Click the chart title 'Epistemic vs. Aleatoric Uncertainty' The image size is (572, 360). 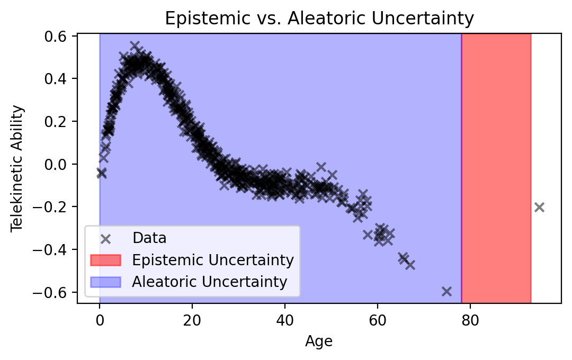tap(319, 19)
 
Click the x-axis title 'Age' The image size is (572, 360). tap(319, 342)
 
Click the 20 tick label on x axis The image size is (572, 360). tap(192, 319)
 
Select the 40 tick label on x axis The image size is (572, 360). tap(285, 319)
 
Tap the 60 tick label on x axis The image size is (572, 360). tap(378, 319)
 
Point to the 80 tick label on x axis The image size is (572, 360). tap(470, 319)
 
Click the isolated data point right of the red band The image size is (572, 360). tap(539, 207)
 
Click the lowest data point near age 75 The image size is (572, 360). tap(446, 291)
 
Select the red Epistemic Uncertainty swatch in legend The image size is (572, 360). tap(105, 260)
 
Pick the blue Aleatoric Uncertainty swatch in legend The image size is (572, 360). tap(105, 282)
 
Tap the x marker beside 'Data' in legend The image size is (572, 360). tap(105, 238)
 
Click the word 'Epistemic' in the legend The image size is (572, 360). tap(157, 260)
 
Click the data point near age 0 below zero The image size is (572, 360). tap(101, 173)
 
